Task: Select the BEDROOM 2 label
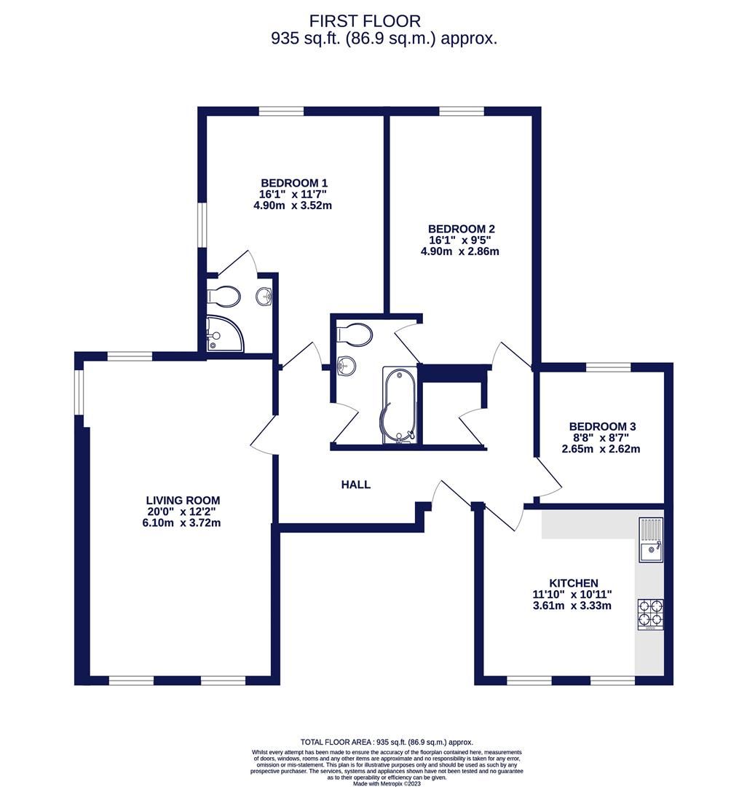pos(462,228)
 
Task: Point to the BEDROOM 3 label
pos(602,426)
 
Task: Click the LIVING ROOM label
pos(183,501)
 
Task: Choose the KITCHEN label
pos(574,583)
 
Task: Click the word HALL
pos(356,485)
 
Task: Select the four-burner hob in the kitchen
pos(651,614)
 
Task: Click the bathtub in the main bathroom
pos(400,406)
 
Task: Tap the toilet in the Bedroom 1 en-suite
pos(224,297)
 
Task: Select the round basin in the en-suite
pos(264,297)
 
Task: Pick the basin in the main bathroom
pos(347,366)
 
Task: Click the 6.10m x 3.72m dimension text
pos(183,523)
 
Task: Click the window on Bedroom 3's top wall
pos(608,367)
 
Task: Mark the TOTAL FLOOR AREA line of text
pos(386,742)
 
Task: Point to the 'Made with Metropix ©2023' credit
pos(386,783)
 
